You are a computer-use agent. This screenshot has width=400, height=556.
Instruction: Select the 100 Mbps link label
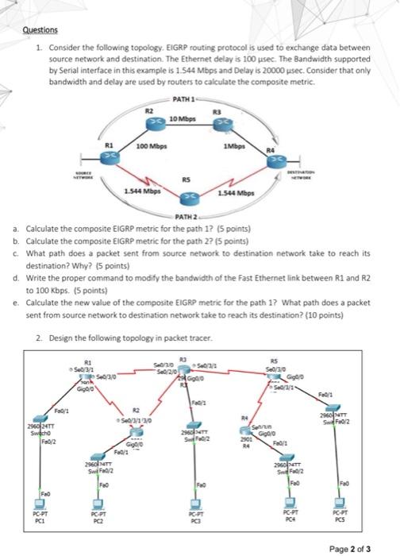point(152,147)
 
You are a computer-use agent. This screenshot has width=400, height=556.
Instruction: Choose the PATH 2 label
point(184,216)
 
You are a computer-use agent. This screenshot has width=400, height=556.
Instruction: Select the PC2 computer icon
point(98,502)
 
